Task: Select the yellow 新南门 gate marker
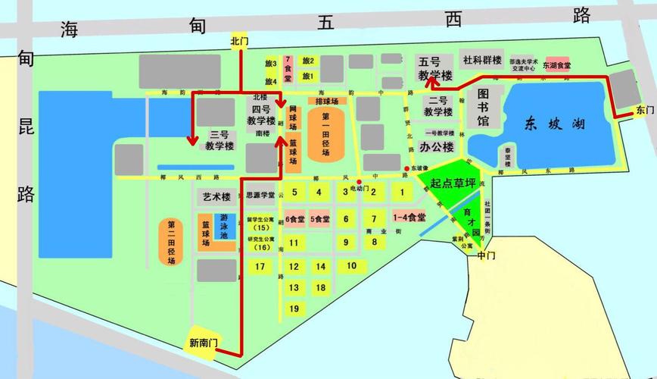point(203,343)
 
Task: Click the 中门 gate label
point(486,256)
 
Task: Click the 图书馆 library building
point(482,106)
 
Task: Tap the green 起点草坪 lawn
point(453,183)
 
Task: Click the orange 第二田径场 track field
point(171,242)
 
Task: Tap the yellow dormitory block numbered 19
point(294,309)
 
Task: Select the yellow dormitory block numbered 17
point(260,267)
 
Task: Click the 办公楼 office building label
point(437,147)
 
